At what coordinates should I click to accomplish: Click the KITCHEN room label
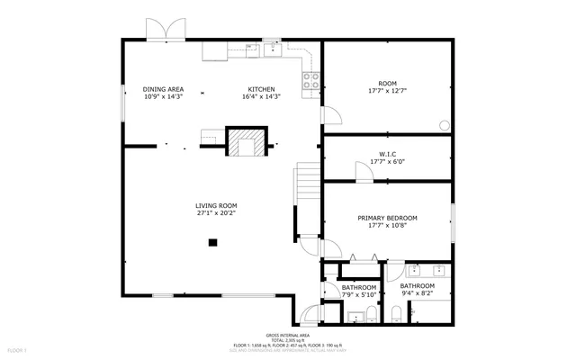(x=261, y=89)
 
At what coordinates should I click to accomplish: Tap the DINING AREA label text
(x=163, y=89)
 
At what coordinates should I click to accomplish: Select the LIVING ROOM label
(x=217, y=206)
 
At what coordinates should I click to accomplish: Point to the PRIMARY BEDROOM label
(x=387, y=218)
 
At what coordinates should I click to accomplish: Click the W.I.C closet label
(x=387, y=154)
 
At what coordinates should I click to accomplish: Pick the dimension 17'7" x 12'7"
(x=387, y=91)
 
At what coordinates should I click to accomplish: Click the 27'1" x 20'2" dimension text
(x=217, y=214)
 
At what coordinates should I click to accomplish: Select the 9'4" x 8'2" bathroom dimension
(x=418, y=293)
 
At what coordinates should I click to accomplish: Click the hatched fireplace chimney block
(x=246, y=142)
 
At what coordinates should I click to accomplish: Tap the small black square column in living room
(x=212, y=241)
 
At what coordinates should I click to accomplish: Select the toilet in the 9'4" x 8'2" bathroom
(x=397, y=314)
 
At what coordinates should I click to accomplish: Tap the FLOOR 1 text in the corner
(x=17, y=348)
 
